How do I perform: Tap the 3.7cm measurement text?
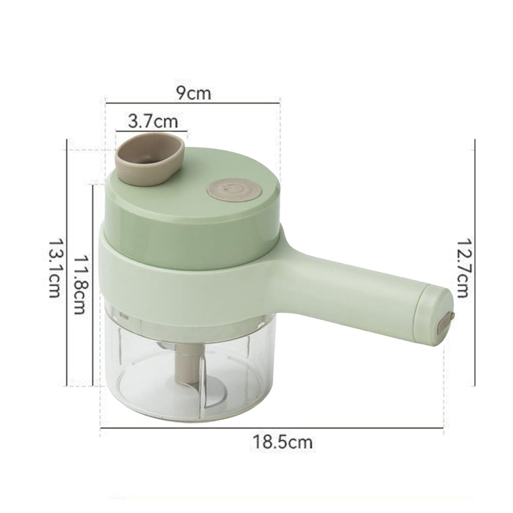(153, 121)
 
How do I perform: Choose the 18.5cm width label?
(282, 442)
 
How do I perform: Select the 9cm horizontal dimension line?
(192, 101)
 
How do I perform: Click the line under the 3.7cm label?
(151, 131)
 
